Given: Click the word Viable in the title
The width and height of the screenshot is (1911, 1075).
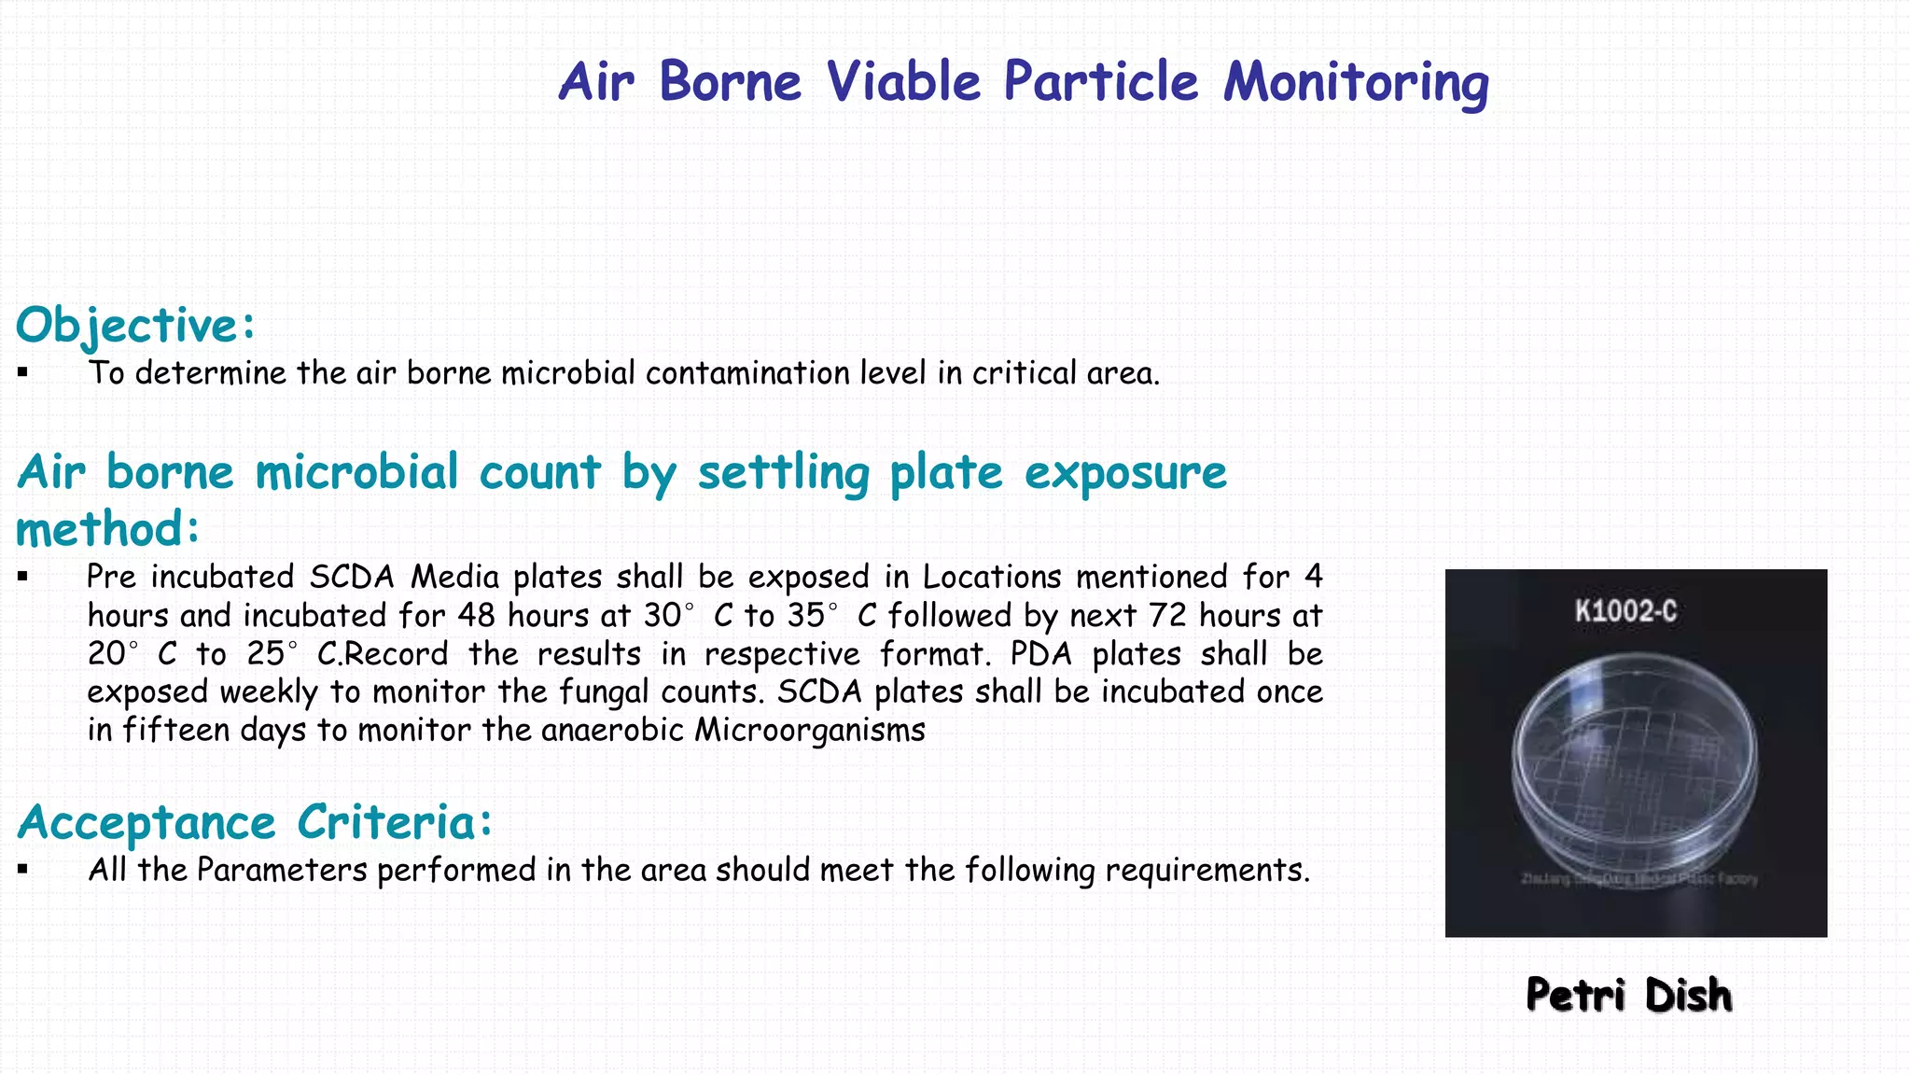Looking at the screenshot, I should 902,82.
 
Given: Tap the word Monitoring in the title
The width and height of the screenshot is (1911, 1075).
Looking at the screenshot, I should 1356,82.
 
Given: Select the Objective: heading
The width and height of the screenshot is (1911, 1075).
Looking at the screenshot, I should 135,326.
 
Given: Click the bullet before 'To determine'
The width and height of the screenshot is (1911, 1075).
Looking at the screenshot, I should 23,373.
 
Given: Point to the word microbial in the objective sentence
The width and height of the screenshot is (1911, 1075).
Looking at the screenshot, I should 568,373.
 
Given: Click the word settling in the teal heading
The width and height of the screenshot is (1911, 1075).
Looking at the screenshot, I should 784,472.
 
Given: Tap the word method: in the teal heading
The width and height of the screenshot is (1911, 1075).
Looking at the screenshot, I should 107,529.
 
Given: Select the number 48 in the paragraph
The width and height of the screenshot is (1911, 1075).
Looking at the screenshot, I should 477,616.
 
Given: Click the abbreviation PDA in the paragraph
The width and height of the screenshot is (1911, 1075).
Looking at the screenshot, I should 1041,654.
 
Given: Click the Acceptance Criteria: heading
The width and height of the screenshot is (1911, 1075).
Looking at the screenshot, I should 254,823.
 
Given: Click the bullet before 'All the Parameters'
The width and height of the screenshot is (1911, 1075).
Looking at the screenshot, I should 23,871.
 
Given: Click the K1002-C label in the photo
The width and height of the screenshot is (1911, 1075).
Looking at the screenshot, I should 1625,612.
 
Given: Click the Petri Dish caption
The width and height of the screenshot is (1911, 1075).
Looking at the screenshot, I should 1628,996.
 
